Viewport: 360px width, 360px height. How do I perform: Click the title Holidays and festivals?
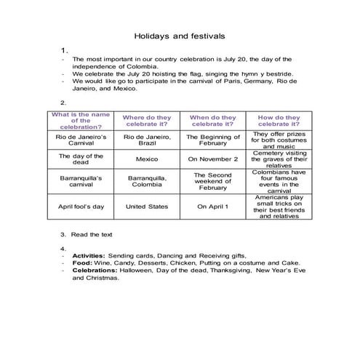180,34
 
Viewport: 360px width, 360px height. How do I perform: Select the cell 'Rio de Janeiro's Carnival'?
81,140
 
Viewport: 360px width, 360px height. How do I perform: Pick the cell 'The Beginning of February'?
212,140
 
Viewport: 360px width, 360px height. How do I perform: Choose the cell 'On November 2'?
212,159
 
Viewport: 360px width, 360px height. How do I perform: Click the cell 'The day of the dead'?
81,159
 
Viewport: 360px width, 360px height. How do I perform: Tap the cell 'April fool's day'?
81,207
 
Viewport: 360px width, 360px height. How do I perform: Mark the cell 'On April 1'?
212,207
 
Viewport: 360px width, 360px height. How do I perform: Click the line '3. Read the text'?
91,235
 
